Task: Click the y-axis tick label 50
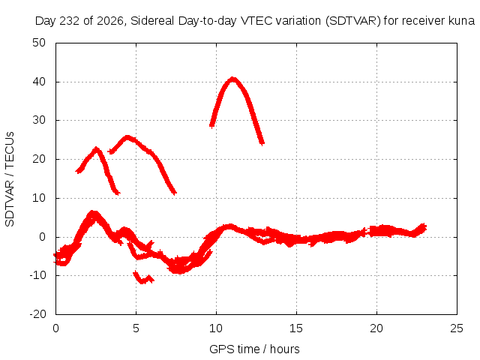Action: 39,43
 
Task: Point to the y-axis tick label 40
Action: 39,82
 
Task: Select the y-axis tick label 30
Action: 39,120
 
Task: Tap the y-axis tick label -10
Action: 37,275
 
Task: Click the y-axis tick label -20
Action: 37,314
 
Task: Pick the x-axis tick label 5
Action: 136,328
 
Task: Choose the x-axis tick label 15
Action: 296,328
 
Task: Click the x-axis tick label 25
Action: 457,328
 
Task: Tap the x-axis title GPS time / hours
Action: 254,349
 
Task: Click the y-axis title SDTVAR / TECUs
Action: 10,179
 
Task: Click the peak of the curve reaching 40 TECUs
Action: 233,79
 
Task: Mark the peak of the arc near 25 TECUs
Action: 127,137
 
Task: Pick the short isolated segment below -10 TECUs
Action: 143,278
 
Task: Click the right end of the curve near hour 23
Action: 425,228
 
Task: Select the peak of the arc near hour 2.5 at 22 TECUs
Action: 97,149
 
